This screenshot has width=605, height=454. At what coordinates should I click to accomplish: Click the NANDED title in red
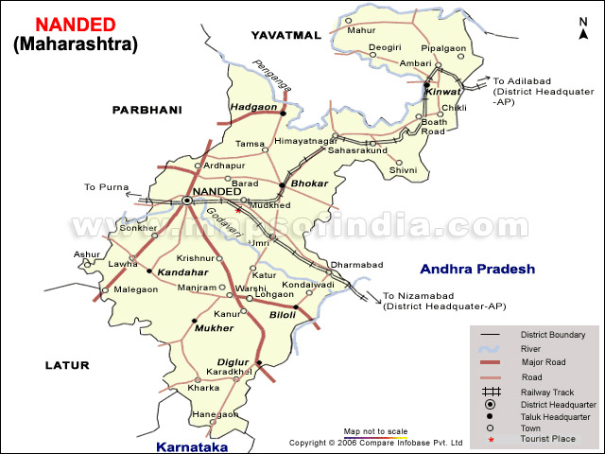[x=75, y=24]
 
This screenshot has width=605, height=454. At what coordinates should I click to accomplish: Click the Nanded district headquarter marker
[x=187, y=201]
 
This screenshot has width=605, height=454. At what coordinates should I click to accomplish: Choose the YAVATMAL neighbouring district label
[x=286, y=35]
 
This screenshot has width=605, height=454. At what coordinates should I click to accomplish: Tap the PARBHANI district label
[x=147, y=110]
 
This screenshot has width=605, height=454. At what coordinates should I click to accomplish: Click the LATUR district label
[x=65, y=365]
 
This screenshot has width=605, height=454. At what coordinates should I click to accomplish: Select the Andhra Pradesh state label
[x=477, y=269]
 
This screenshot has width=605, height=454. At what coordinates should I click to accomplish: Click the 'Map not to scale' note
[x=375, y=430]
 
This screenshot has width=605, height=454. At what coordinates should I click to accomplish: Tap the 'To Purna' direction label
[x=104, y=187]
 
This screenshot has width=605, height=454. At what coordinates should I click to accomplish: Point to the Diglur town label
[x=233, y=360]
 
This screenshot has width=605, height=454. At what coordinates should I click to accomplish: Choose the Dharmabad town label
[x=354, y=265]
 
